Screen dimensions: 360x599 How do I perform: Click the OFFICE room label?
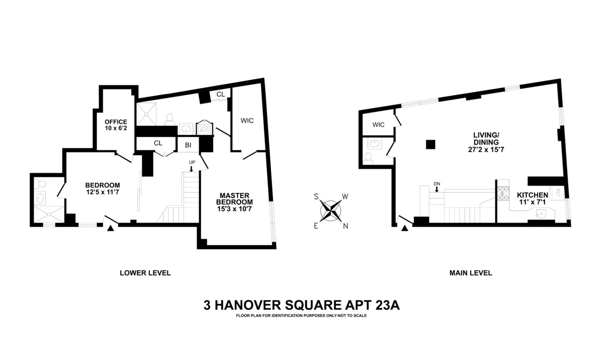(115, 122)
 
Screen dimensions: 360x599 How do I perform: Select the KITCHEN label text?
(532, 195)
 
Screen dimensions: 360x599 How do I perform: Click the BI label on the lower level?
(188, 145)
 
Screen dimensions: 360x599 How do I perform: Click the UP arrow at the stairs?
(192, 169)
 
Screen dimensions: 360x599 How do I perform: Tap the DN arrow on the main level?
(437, 189)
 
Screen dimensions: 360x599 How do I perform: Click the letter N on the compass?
(345, 226)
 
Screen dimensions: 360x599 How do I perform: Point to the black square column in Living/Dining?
(430, 145)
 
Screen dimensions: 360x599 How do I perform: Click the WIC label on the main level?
(378, 125)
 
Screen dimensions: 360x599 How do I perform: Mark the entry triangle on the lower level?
(111, 228)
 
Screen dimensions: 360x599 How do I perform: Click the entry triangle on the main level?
(405, 228)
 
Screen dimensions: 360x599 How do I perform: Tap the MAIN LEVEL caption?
(470, 273)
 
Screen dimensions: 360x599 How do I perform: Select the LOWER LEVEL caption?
(145, 273)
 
